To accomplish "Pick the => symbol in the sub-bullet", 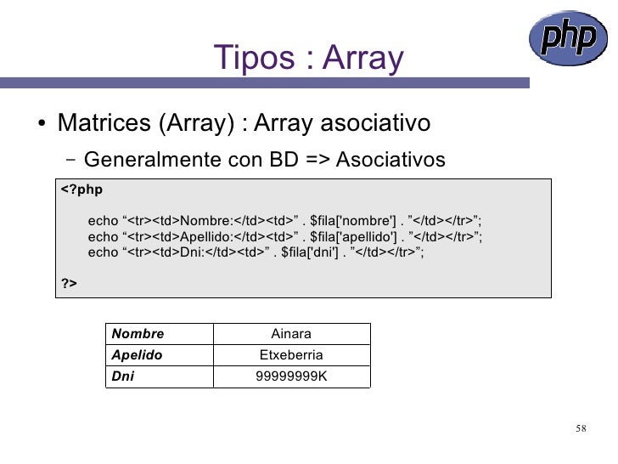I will (x=316, y=159).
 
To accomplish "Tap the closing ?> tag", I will (x=69, y=284).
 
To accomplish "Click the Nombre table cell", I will (x=138, y=334).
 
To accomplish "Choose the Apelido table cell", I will (x=137, y=355).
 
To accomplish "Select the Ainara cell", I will (x=291, y=334).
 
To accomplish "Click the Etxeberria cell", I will (x=291, y=355).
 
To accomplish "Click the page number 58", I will (x=581, y=427).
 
